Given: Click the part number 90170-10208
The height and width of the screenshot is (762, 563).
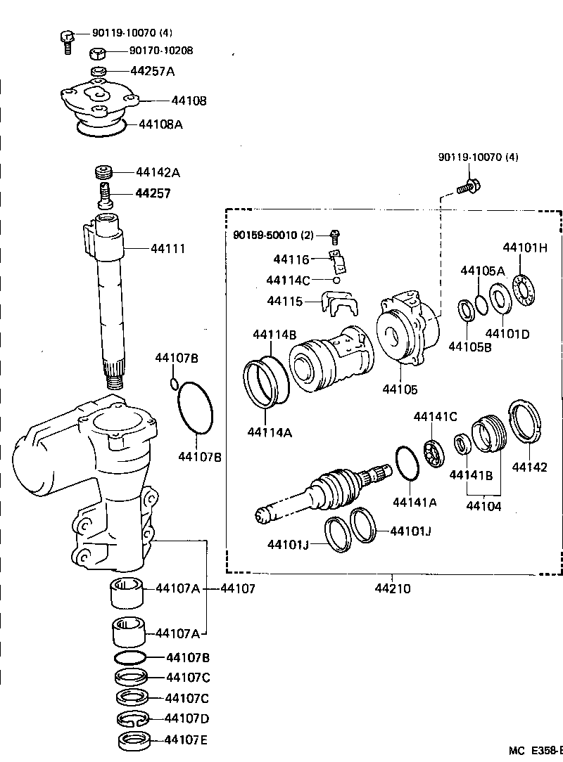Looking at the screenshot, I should coord(161,51).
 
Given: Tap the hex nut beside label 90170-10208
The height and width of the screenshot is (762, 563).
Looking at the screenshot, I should coord(99,53).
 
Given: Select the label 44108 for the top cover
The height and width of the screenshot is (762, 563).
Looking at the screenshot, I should coord(189,101).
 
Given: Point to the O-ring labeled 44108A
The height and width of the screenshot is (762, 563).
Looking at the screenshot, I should coord(101,127).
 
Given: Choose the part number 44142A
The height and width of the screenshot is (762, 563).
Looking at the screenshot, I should coord(158,172).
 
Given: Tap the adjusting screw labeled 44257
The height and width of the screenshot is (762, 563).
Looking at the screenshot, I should coord(105,194).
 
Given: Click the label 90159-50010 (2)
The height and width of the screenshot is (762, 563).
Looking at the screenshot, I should coord(273,234).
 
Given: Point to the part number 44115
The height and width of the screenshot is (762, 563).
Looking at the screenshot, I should coord(284,301).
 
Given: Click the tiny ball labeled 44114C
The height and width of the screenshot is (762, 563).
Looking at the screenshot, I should coord(337,280).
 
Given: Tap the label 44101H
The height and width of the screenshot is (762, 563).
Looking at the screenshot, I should coord(524,248).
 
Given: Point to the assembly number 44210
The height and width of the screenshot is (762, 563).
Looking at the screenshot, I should coord(393,588).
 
